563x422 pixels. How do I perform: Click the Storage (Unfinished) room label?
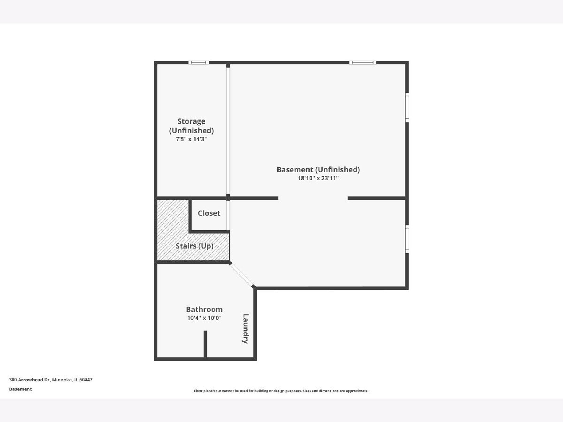(191, 126)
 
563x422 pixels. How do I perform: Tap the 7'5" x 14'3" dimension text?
(191, 139)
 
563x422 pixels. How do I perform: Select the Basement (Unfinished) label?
(318, 170)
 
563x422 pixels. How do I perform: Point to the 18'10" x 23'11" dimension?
(318, 178)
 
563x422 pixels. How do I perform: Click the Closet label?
(209, 213)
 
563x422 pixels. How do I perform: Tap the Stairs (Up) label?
(195, 246)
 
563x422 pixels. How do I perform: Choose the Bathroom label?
(204, 309)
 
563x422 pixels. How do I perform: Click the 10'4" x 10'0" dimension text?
(204, 318)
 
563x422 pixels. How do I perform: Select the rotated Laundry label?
(245, 329)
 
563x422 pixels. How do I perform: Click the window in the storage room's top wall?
(198, 62)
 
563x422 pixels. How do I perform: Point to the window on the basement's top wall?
(363, 62)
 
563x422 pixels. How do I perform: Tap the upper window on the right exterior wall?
(407, 107)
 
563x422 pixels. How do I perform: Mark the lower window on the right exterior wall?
(407, 239)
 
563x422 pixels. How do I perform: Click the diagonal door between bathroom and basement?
(242, 275)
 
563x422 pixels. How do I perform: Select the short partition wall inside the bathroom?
(205, 344)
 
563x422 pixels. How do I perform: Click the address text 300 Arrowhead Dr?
(30, 380)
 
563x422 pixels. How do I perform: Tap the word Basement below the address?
(21, 389)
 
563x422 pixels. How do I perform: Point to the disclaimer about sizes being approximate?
(281, 391)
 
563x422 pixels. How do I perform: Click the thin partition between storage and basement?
(228, 131)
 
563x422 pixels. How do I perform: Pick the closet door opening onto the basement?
(228, 215)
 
